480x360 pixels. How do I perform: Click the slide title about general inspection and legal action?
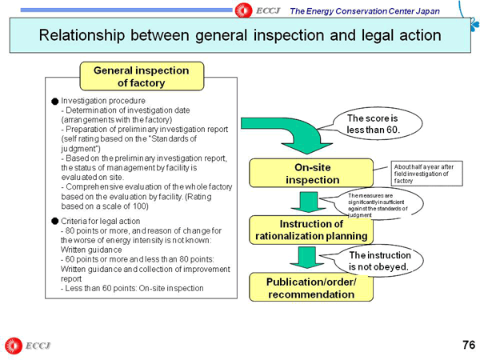pyautogui.click(x=240, y=36)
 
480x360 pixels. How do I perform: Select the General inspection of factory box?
pyautogui.click(x=141, y=77)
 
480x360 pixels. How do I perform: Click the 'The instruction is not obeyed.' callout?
pyautogui.click(x=378, y=260)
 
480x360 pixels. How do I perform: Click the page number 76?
pyautogui.click(x=468, y=345)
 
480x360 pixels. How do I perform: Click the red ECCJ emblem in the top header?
pyautogui.click(x=245, y=9)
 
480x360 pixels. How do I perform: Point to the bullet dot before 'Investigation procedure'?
pyautogui.click(x=54, y=102)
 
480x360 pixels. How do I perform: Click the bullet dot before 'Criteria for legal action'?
pyautogui.click(x=54, y=220)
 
